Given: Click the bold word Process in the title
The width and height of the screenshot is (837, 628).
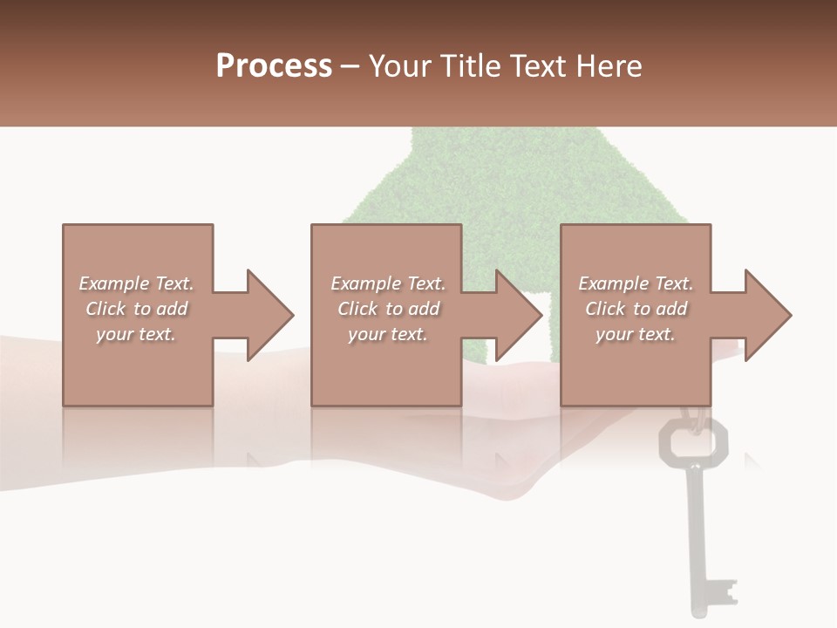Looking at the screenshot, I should pyautogui.click(x=274, y=66).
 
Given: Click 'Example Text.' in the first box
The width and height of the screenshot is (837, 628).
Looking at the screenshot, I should pyautogui.click(x=136, y=283).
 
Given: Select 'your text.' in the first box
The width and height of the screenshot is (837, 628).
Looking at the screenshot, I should pyautogui.click(x=136, y=334).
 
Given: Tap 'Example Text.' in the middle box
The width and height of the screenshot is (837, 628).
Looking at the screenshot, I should pyautogui.click(x=388, y=283).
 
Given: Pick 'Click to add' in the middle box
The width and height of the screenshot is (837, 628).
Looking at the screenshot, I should pyautogui.click(x=388, y=309).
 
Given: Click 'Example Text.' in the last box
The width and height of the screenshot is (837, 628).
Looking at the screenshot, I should pyautogui.click(x=636, y=283).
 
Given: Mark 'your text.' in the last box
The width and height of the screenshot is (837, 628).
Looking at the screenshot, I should pyautogui.click(x=636, y=334).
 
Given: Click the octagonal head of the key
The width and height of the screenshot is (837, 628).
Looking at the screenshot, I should pyautogui.click(x=693, y=440).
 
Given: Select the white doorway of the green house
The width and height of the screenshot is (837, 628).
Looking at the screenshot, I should pyautogui.click(x=537, y=327).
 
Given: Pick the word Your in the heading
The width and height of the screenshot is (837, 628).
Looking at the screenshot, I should pyautogui.click(x=400, y=66).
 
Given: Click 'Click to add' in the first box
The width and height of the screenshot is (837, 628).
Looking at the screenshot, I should pyautogui.click(x=136, y=309).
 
